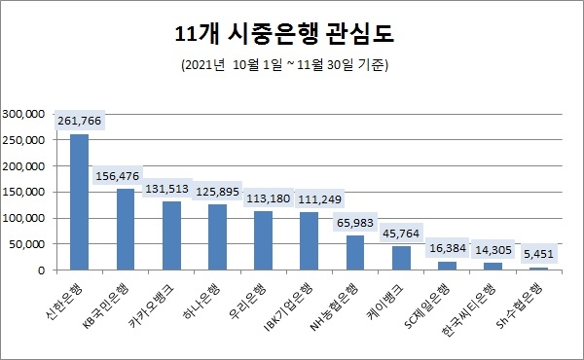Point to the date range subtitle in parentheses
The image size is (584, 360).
pyautogui.click(x=291, y=65)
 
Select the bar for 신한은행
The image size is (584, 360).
pyautogui.click(x=80, y=201)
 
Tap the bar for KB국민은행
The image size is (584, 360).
pyautogui.click(x=125, y=229)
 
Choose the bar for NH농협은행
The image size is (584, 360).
pyautogui.click(x=355, y=252)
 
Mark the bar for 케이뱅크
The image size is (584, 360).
pyautogui.click(x=401, y=258)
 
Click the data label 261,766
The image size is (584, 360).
pyautogui.click(x=80, y=121)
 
